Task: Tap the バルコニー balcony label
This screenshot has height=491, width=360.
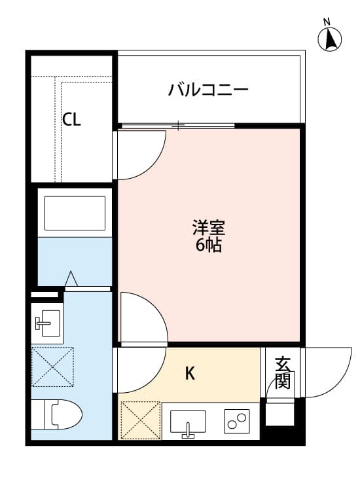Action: pyautogui.click(x=208, y=90)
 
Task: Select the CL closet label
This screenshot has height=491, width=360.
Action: pyautogui.click(x=72, y=120)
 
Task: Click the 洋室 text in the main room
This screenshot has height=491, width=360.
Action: pyautogui.click(x=209, y=228)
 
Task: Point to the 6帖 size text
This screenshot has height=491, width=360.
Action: pyautogui.click(x=209, y=246)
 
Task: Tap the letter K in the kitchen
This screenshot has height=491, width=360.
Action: pyautogui.click(x=190, y=374)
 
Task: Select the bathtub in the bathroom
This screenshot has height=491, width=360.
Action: pyautogui.click(x=75, y=212)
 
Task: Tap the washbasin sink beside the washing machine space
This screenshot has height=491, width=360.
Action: pyautogui.click(x=47, y=321)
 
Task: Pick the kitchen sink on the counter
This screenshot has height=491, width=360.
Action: pyautogui.click(x=188, y=422)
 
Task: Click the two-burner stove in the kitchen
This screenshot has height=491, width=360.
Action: pyautogui.click(x=237, y=421)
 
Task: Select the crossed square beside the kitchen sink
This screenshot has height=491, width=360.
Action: pyautogui.click(x=140, y=420)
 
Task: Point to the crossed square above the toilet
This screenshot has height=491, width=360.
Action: pyautogui.click(x=52, y=367)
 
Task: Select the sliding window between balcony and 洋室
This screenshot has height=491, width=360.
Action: pyautogui.click(x=178, y=124)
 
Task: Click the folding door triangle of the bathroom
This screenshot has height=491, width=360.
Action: pyautogui.click(x=71, y=280)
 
